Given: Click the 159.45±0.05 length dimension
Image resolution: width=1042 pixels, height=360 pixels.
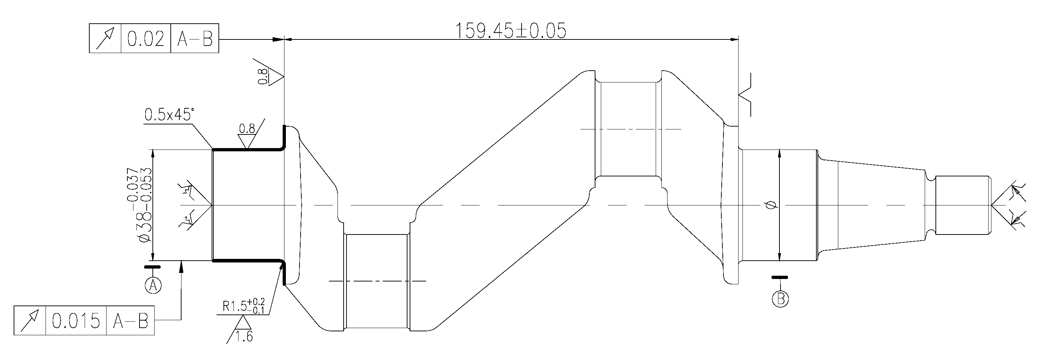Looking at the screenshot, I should click(510, 31).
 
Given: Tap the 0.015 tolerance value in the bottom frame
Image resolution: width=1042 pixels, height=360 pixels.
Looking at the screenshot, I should click(76, 321).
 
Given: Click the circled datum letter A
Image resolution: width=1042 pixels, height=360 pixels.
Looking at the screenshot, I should click(153, 285).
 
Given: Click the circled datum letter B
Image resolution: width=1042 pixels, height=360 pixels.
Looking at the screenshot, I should click(780, 299).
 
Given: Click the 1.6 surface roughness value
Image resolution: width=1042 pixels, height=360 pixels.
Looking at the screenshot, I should click(244, 336).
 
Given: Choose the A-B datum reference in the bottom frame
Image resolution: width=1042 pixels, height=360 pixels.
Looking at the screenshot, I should click(130, 321).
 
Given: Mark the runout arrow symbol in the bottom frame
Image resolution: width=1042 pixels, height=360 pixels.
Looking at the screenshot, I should click(30, 321).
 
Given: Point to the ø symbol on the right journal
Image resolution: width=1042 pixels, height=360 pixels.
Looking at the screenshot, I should click(771, 205).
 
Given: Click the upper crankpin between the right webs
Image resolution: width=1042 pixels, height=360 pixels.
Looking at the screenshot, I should click(628, 129).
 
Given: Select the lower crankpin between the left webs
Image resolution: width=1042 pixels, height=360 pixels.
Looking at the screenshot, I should click(377, 281).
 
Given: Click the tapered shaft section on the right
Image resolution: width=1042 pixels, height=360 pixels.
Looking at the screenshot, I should click(874, 205).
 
